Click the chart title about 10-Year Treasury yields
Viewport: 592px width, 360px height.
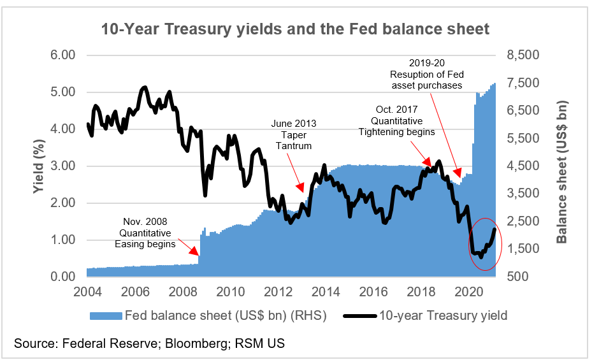pyautogui.click(x=295, y=29)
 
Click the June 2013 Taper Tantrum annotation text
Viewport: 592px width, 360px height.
pyautogui.click(x=293, y=134)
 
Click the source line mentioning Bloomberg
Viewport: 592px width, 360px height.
pyautogui.click(x=150, y=343)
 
